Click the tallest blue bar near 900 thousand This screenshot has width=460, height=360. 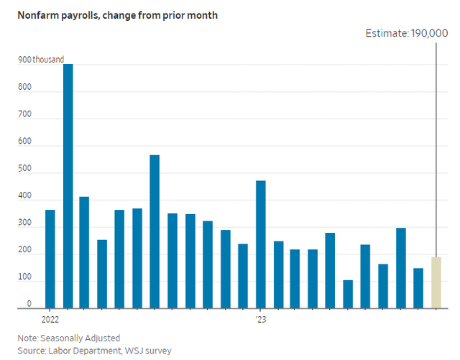click(68, 186)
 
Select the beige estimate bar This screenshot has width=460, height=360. click(436, 282)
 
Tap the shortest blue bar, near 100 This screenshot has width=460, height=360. click(348, 294)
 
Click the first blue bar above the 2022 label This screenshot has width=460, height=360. click(50, 259)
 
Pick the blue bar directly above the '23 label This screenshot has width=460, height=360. click(260, 244)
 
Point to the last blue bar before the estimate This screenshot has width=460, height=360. click(418, 288)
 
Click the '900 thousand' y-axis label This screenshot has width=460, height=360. click(41, 60)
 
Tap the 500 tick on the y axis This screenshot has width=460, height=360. click(25, 172)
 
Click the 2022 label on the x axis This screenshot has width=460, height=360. click(50, 317)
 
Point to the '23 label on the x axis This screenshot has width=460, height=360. click(260, 317)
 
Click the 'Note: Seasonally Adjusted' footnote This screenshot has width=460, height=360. click(70, 338)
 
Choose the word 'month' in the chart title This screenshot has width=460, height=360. click(182, 14)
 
